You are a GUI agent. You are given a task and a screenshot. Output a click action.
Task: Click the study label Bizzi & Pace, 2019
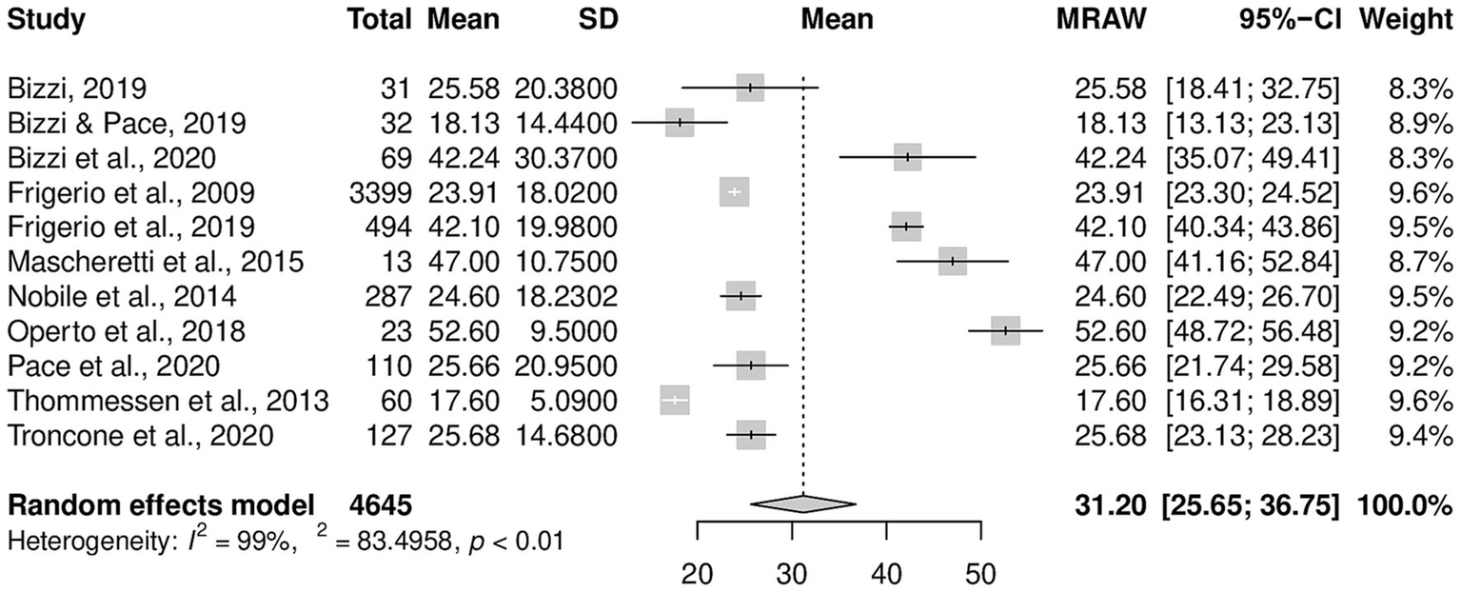coord(128,123)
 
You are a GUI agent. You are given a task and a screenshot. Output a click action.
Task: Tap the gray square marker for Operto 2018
coord(1005,331)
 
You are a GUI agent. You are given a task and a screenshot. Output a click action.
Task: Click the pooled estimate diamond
coord(803,504)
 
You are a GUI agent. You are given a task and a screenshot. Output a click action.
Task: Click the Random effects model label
coord(161,504)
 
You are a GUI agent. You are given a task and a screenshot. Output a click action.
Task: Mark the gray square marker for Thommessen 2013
coord(674,401)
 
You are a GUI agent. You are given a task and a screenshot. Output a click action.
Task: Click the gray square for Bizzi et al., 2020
coord(908,157)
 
